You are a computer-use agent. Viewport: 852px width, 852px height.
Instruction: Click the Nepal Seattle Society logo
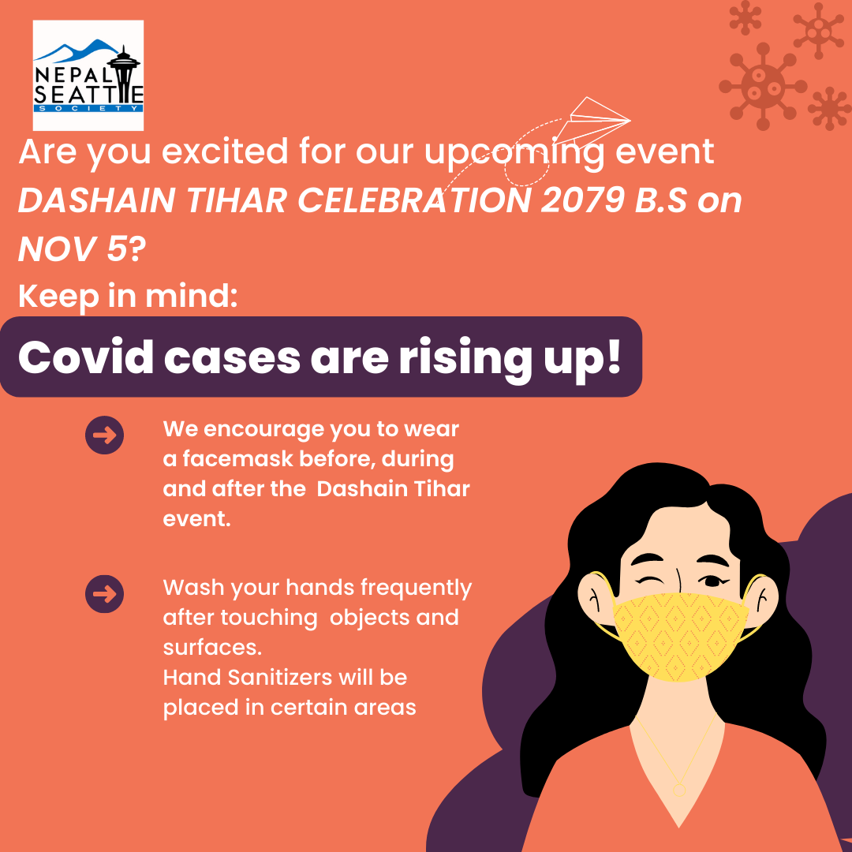click(x=88, y=76)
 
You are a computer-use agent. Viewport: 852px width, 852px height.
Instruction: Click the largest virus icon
click(x=762, y=87)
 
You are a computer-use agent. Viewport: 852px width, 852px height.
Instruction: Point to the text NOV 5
click(x=73, y=248)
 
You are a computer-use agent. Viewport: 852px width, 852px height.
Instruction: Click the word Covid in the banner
click(x=86, y=357)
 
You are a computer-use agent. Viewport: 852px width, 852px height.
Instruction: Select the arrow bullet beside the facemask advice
click(x=104, y=435)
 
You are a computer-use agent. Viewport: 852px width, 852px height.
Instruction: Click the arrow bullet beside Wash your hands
click(x=104, y=594)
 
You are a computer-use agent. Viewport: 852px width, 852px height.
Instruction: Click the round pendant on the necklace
click(x=678, y=790)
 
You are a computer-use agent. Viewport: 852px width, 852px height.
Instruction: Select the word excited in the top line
click(x=224, y=151)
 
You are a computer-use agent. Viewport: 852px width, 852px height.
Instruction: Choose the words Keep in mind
click(x=128, y=297)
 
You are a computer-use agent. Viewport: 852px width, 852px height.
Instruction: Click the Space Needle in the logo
click(x=124, y=80)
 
